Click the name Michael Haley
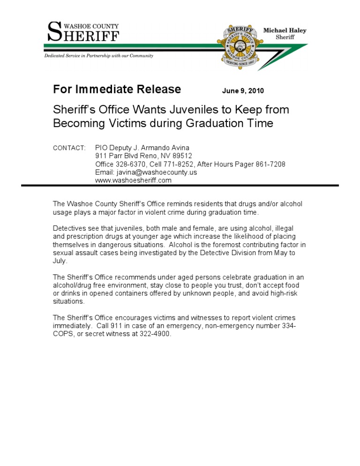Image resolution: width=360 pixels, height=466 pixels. pyautogui.click(x=285, y=30)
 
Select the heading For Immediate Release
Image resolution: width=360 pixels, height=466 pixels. pyautogui.click(x=117, y=89)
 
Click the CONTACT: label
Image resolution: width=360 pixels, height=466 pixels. pyautogui.click(x=69, y=148)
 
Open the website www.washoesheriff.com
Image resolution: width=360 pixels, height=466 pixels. pyautogui.click(x=133, y=180)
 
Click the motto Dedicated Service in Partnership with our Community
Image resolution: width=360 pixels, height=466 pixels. pyautogui.click(x=98, y=56)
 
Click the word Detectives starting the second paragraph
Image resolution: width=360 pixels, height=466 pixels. pyautogui.click(x=69, y=228)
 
